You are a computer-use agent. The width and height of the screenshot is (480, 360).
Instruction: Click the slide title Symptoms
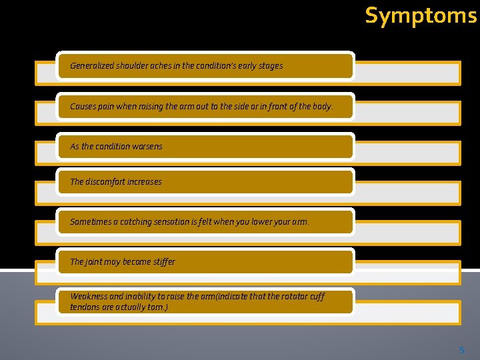click(x=421, y=15)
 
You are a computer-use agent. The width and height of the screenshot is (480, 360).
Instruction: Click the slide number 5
click(x=461, y=349)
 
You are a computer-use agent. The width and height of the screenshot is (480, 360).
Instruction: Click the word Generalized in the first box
click(x=92, y=66)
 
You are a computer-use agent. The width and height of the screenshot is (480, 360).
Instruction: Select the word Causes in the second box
click(x=83, y=107)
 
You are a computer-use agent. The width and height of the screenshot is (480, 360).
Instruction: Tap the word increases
click(x=143, y=181)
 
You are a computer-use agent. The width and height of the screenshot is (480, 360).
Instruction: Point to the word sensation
click(x=177, y=222)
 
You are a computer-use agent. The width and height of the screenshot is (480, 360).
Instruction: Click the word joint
click(x=94, y=262)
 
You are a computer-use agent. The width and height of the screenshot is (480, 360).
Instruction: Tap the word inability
click(x=140, y=297)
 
